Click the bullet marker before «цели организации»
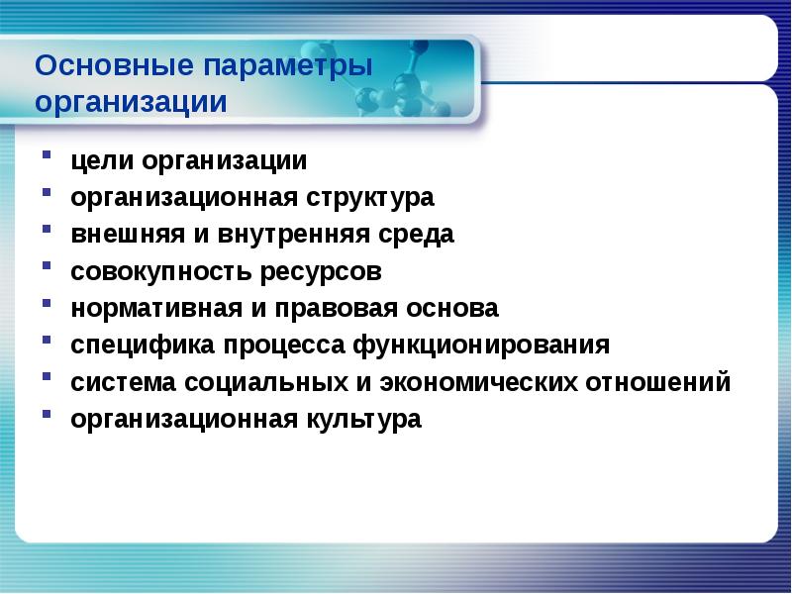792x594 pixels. point(49,158)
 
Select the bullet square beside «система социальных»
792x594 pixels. point(49,380)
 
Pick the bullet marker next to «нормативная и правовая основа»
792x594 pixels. point(49,306)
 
